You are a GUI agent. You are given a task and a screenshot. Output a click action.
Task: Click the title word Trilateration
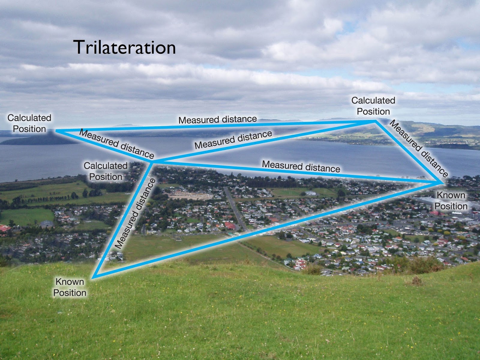click(x=124, y=47)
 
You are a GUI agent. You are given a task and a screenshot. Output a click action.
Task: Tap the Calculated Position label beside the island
click(x=29, y=123)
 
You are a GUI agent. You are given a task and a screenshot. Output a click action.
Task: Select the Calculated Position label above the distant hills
click(x=373, y=106)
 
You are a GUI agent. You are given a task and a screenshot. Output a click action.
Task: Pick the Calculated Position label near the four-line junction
click(x=106, y=171)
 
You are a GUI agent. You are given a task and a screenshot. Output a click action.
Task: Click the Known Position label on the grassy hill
click(x=70, y=287)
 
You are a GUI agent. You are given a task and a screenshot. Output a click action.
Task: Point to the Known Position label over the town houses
click(x=451, y=201)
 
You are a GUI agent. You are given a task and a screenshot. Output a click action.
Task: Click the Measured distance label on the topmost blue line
click(x=217, y=119)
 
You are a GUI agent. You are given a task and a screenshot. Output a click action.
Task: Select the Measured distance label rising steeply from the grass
click(x=135, y=214)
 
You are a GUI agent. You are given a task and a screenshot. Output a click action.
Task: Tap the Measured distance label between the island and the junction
click(x=116, y=144)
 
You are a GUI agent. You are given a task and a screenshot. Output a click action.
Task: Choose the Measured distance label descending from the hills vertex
click(x=419, y=148)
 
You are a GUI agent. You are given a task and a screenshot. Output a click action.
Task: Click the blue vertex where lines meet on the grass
click(x=94, y=277)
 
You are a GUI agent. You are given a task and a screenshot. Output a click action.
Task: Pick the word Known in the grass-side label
click(x=70, y=282)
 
